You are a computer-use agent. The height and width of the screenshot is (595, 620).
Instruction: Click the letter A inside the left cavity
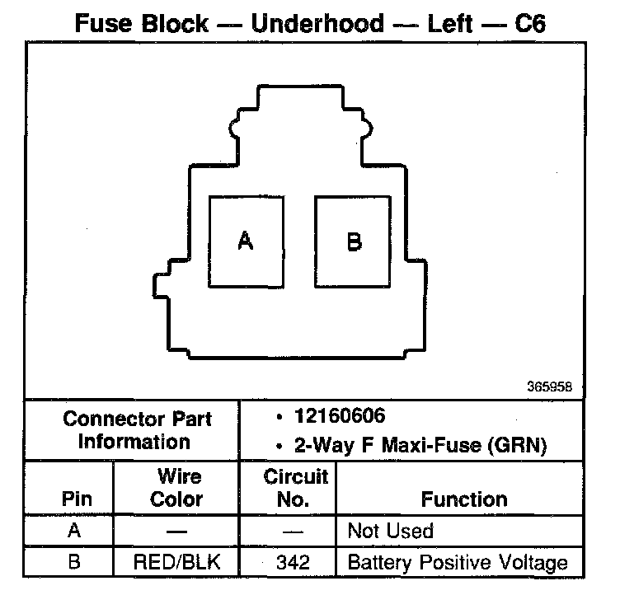tap(245, 241)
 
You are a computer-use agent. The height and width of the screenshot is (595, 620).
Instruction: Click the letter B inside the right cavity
tap(354, 241)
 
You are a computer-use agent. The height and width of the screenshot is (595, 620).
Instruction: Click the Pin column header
tap(76, 499)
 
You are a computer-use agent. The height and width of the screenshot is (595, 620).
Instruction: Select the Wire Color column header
tap(176, 487)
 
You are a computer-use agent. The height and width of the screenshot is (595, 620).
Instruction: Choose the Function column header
tap(464, 499)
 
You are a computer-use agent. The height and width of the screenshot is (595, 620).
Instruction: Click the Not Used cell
tap(390, 531)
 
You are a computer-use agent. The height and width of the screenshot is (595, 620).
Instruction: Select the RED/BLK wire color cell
tap(176, 564)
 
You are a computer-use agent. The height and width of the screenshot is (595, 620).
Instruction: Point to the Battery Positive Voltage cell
tap(458, 564)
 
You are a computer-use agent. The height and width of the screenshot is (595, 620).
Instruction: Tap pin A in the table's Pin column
tap(75, 531)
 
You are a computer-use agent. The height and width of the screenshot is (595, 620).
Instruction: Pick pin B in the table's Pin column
tap(75, 564)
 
